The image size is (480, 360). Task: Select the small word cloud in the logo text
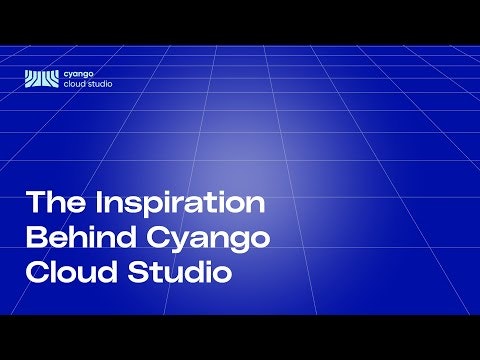coord(74,85)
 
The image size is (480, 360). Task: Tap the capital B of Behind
coord(35,238)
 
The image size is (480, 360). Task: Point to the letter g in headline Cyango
coord(235,243)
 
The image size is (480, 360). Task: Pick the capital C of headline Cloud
coord(37,271)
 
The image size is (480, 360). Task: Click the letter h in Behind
coord(73,238)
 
